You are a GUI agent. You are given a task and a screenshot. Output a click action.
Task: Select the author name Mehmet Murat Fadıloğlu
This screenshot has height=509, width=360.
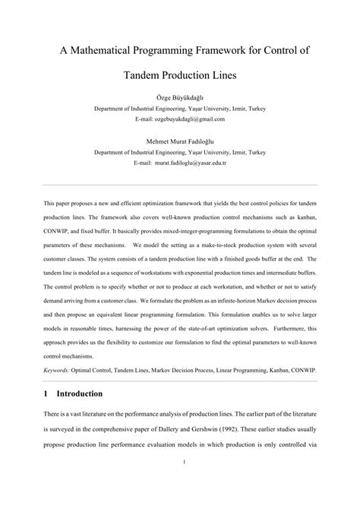pos(179,141)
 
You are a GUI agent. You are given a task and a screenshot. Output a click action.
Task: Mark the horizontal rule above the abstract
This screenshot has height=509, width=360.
pos(180,185)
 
